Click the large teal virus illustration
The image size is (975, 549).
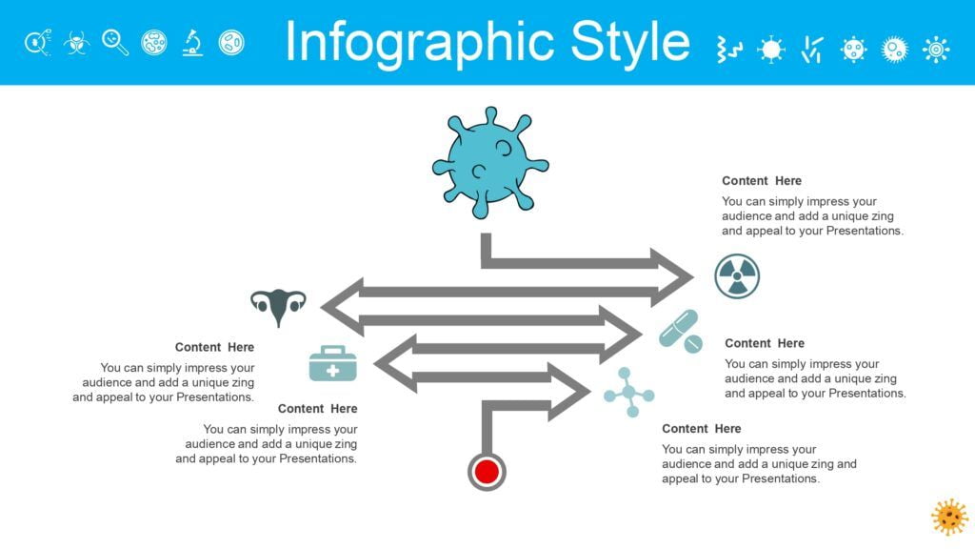click(x=490, y=163)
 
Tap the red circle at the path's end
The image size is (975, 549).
click(x=487, y=472)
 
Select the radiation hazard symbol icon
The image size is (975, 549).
click(x=737, y=275)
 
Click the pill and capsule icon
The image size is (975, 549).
click(x=681, y=331)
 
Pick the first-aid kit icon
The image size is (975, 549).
click(x=332, y=363)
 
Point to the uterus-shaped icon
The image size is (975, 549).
click(x=278, y=306)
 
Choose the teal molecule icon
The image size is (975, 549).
click(x=628, y=392)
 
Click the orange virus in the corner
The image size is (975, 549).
click(x=949, y=517)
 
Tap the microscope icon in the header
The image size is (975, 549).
click(x=192, y=43)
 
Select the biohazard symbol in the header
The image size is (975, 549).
click(x=76, y=43)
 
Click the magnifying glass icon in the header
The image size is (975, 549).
click(x=115, y=43)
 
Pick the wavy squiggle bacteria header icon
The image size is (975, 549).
click(x=728, y=50)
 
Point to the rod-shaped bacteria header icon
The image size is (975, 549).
click(x=812, y=50)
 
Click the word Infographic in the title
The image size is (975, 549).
click(x=420, y=43)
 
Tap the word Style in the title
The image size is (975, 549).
click(x=630, y=43)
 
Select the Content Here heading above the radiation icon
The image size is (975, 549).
click(x=761, y=181)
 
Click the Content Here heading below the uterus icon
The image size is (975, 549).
click(x=214, y=347)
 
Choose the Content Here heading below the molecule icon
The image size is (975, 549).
click(x=701, y=429)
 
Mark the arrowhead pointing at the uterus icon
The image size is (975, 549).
click(x=342, y=306)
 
